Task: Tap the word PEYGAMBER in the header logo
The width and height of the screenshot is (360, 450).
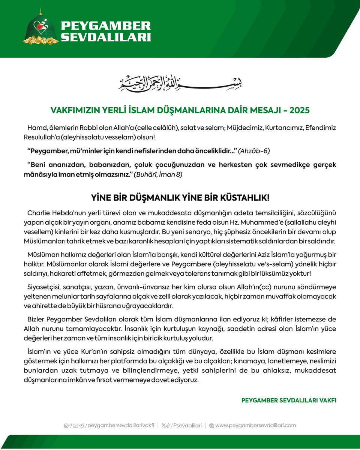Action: pyautogui.click(x=106, y=26)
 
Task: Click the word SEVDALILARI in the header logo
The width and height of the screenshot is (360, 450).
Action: pyautogui.click(x=106, y=37)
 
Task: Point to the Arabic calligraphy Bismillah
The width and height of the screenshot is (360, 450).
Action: pyautogui.click(x=180, y=83)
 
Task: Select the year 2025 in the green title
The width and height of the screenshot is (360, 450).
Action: pyautogui.click(x=298, y=110)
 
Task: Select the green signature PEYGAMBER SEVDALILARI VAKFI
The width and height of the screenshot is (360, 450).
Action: pyautogui.click(x=289, y=400)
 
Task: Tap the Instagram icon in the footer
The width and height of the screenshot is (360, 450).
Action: pyautogui.click(x=66, y=426)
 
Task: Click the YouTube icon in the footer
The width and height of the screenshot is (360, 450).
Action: pyautogui.click(x=76, y=426)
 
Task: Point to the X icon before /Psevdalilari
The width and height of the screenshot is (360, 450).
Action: pyautogui.click(x=164, y=426)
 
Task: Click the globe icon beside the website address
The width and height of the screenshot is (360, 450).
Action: pyautogui.click(x=211, y=426)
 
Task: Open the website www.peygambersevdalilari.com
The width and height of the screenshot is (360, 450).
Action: pyautogui.click(x=255, y=425)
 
